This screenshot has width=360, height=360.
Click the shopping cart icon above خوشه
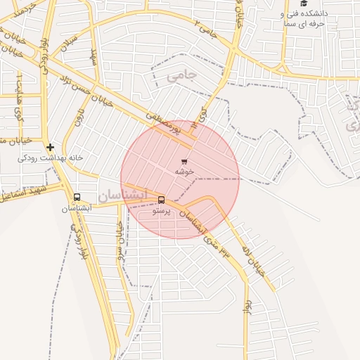(x=184, y=161)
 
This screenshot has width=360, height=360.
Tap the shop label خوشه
(x=185, y=171)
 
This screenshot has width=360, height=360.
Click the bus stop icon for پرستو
(x=161, y=200)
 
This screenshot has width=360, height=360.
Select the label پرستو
(x=161, y=210)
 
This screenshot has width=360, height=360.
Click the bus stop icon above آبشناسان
(x=77, y=198)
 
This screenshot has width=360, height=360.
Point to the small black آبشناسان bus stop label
(x=77, y=208)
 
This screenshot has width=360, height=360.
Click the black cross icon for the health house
(x=50, y=147)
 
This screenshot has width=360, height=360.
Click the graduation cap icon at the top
(x=304, y=4)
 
